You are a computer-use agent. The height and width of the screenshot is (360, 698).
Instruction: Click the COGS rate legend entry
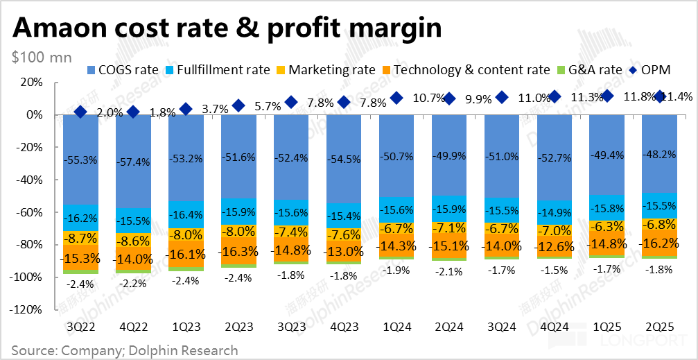[x=125, y=70]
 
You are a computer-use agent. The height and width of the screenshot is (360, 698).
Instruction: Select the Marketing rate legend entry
[x=326, y=70]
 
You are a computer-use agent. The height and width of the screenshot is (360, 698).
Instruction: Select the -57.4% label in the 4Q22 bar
[x=133, y=161]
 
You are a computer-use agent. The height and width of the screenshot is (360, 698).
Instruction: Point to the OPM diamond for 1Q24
[x=396, y=98]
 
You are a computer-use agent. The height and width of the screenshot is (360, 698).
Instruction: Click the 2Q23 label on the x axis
[x=239, y=326]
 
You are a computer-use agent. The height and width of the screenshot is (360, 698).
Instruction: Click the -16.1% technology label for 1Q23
[x=186, y=254]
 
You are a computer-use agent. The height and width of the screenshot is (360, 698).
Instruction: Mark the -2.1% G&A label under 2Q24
[x=449, y=272]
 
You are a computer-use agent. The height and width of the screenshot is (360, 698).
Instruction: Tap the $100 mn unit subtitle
[x=42, y=58]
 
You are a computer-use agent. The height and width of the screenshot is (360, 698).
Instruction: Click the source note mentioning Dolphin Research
[x=125, y=350]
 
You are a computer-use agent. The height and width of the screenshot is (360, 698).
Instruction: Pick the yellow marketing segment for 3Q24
[x=502, y=227]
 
